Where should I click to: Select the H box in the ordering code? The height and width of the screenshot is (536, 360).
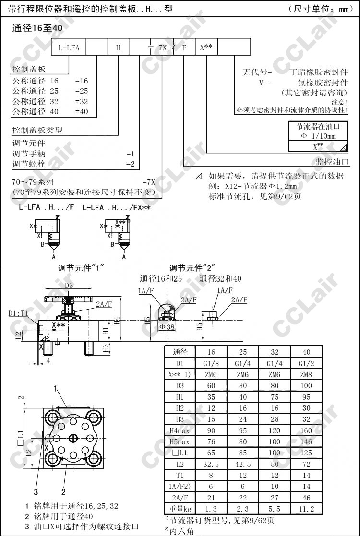click(119, 48)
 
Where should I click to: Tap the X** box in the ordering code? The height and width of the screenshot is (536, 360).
click(206, 48)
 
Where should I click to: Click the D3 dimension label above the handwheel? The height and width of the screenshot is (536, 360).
click(69, 286)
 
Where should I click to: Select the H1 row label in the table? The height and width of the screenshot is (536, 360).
click(180, 397)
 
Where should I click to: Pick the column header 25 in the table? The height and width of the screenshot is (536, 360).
click(242, 352)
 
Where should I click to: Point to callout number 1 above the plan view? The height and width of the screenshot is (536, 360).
click(56, 387)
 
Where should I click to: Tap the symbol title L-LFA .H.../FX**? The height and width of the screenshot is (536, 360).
click(117, 208)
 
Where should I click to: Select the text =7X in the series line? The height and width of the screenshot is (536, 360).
click(149, 182)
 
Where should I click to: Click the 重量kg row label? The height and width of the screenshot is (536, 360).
click(180, 509)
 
